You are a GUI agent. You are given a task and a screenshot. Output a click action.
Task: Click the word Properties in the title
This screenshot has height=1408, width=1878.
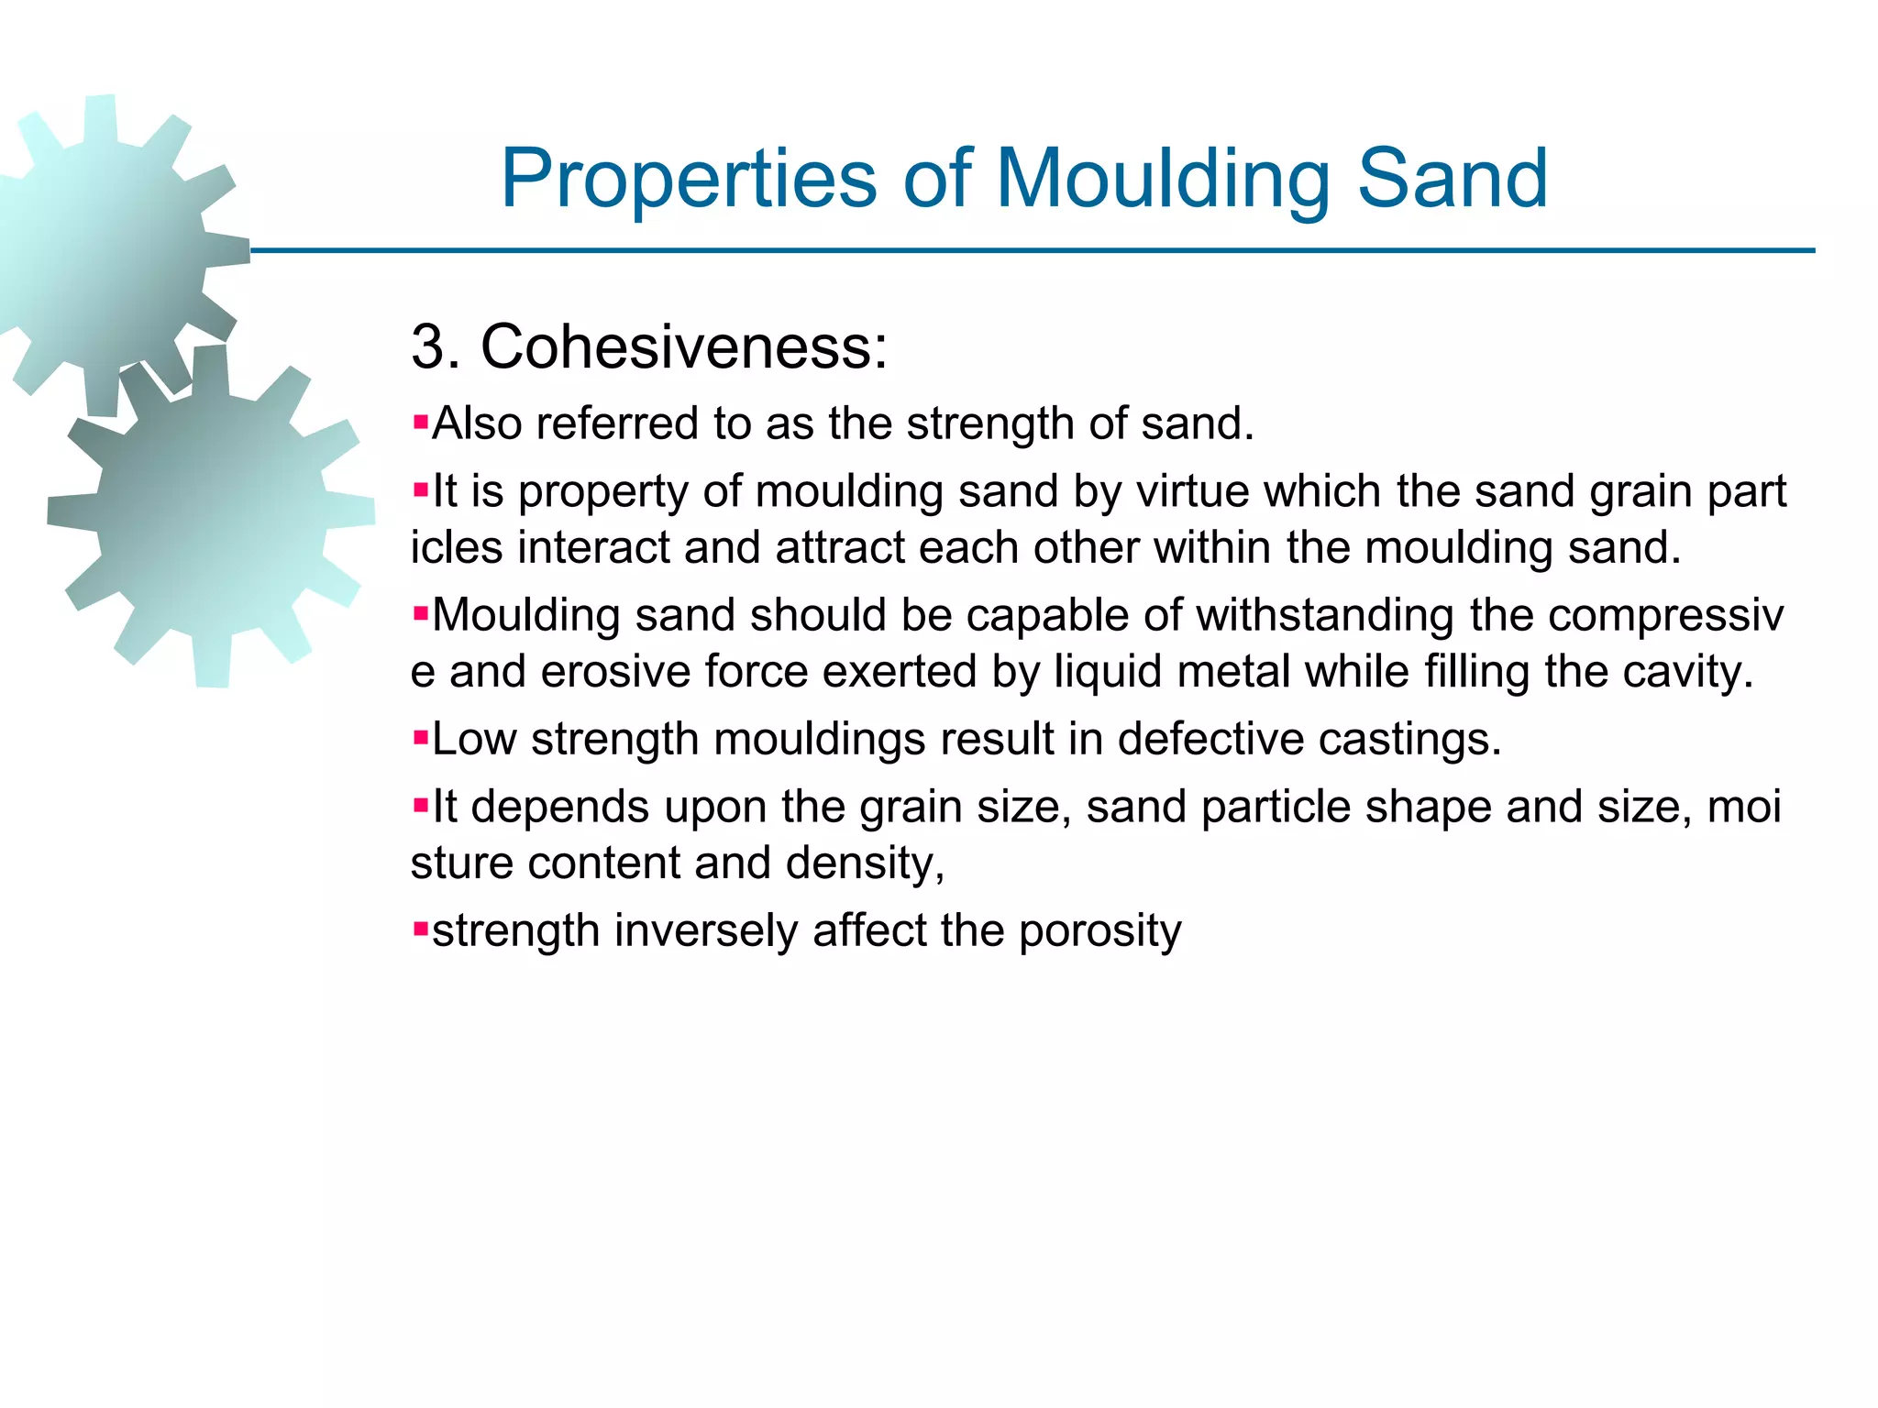[689, 180]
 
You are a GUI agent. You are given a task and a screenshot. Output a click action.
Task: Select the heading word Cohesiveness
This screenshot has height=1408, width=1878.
[684, 347]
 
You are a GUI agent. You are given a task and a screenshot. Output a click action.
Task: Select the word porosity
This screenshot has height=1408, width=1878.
[1099, 932]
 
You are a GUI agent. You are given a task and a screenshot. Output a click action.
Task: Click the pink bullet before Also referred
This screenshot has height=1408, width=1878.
[421, 423]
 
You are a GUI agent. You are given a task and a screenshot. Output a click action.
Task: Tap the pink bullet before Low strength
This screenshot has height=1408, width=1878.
[421, 737]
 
